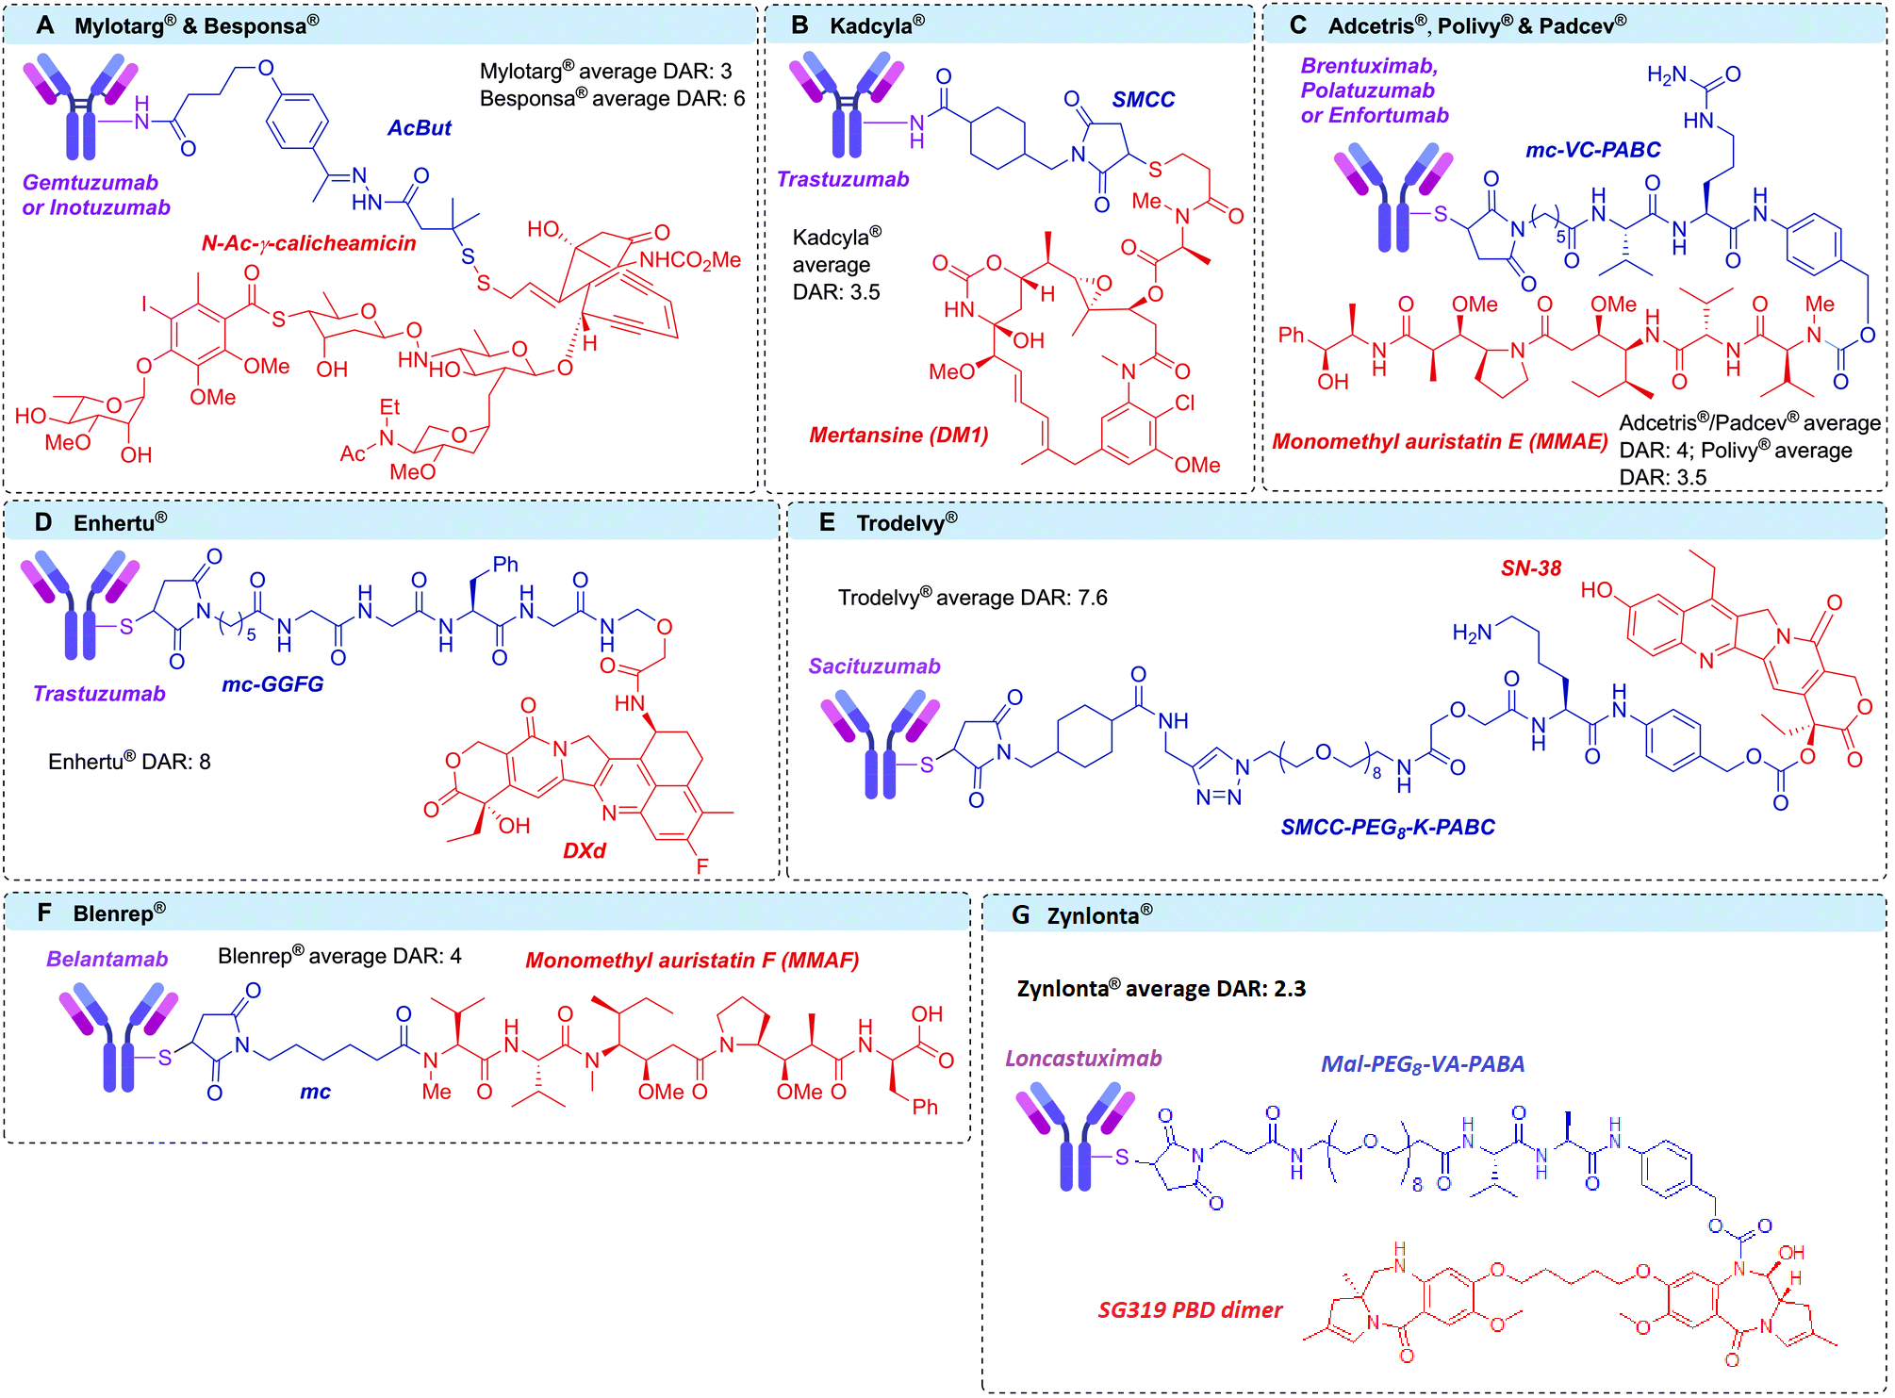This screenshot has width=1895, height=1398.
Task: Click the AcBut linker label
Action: pyautogui.click(x=419, y=128)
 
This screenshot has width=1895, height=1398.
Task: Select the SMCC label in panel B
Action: pyautogui.click(x=1143, y=100)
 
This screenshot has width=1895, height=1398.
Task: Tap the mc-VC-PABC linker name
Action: pyautogui.click(x=1592, y=150)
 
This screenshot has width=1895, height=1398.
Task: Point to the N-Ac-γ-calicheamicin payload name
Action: pyautogui.click(x=308, y=243)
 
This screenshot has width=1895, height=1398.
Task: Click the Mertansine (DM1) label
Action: pyautogui.click(x=898, y=436)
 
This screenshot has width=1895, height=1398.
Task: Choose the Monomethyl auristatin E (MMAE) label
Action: pyautogui.click(x=1440, y=441)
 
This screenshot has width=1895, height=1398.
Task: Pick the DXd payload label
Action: pyautogui.click(x=584, y=850)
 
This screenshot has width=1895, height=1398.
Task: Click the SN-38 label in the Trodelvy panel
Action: pyautogui.click(x=1531, y=568)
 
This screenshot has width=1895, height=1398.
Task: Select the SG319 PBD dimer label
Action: pyautogui.click(x=1190, y=1309)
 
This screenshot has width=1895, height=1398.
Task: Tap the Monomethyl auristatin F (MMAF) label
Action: pyautogui.click(x=692, y=961)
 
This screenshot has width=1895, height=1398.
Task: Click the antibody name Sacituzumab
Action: pyautogui.click(x=874, y=666)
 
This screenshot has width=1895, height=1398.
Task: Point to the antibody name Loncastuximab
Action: pyautogui.click(x=1083, y=1059)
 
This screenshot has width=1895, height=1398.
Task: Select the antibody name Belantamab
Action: pyautogui.click(x=107, y=960)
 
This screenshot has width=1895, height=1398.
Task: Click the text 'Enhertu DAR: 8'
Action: pyautogui.click(x=129, y=762)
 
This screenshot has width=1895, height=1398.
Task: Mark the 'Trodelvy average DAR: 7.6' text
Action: pyautogui.click(x=972, y=598)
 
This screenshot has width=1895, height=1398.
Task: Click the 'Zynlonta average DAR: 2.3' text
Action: pyautogui.click(x=1161, y=989)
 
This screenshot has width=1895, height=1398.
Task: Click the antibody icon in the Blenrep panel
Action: pyautogui.click(x=118, y=1037)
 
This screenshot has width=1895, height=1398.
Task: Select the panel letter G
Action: pyautogui.click(x=1020, y=915)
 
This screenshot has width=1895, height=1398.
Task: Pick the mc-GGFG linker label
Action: pyautogui.click(x=272, y=684)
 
